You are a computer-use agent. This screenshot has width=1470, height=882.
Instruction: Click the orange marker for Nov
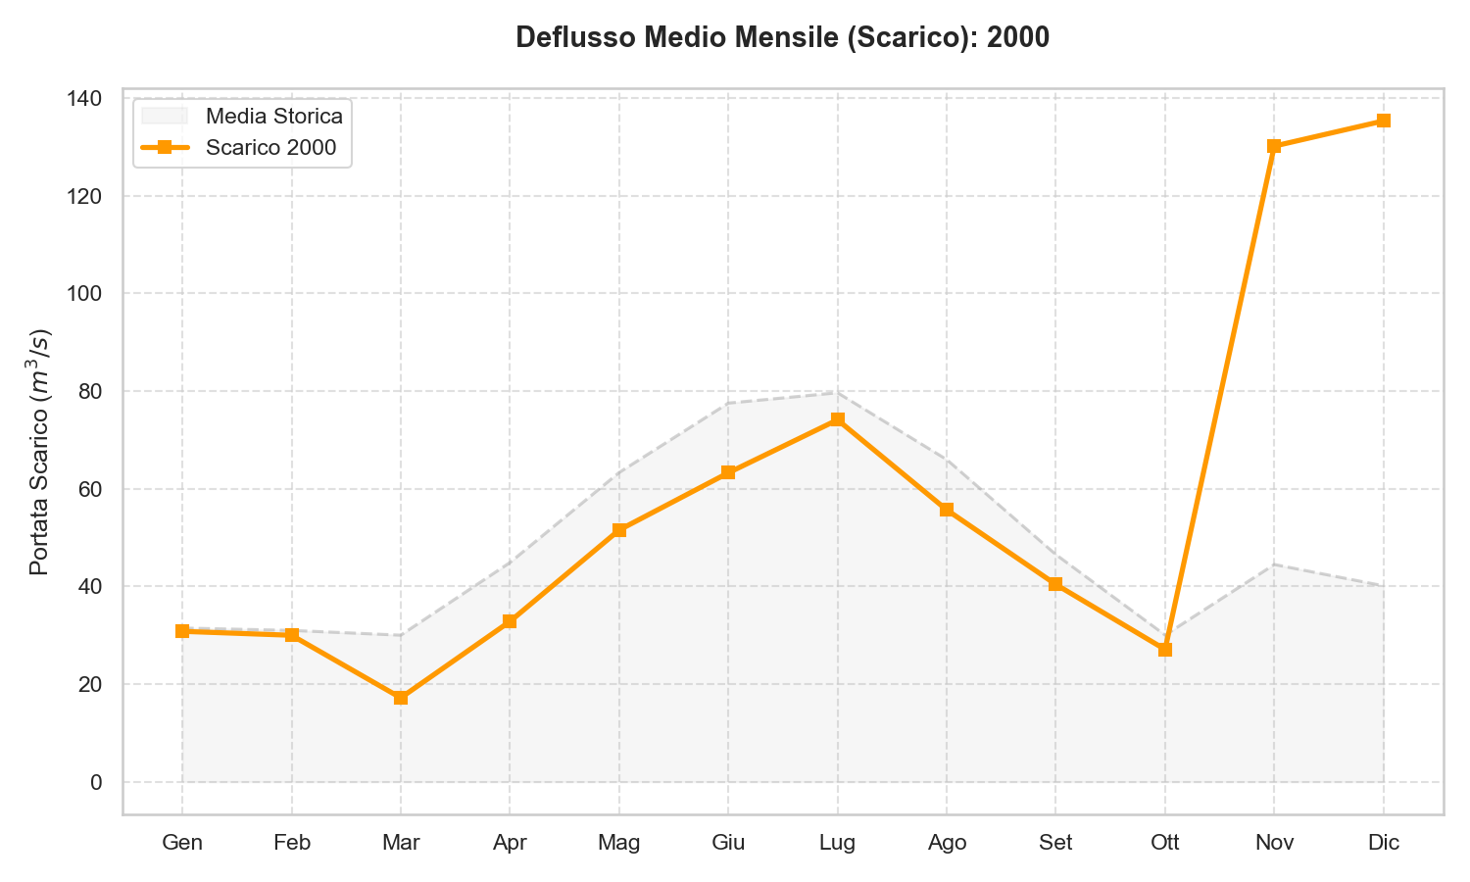point(1274,146)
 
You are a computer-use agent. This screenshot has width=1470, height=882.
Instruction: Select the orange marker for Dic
point(1383,121)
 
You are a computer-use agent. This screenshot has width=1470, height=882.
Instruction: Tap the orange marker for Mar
point(401,698)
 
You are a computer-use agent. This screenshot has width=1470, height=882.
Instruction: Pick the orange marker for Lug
point(837,419)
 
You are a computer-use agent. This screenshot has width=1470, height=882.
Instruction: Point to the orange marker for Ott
point(1164,650)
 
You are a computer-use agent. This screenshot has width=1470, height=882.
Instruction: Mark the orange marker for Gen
point(182,631)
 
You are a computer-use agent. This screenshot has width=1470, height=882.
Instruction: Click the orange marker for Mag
point(619,530)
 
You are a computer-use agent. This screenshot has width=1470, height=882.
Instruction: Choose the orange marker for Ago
point(947,510)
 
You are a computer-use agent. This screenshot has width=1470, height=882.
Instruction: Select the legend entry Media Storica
point(273,116)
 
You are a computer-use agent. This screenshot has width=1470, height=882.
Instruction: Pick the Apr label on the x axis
point(510,843)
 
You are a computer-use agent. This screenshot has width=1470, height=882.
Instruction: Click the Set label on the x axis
point(1055,843)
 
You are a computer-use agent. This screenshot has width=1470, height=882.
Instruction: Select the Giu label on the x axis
point(728,843)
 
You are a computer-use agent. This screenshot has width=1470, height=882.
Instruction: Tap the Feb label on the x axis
point(292,843)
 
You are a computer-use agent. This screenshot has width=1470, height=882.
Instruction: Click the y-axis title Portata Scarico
point(39,452)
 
